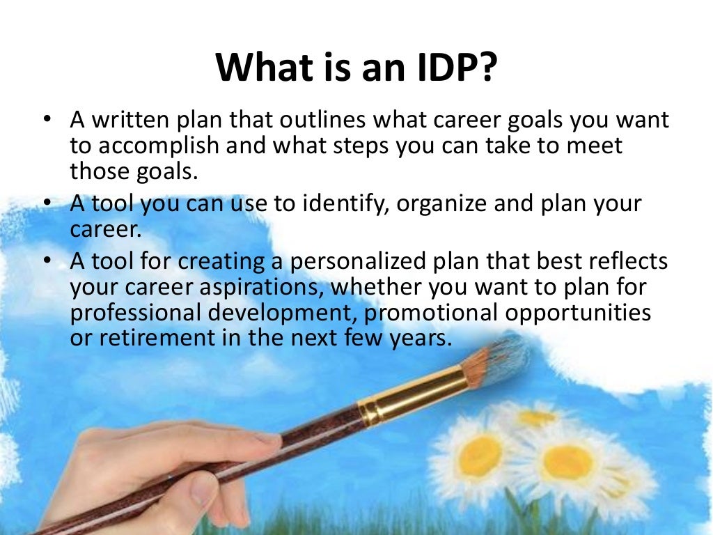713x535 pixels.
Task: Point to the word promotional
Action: pos(431,313)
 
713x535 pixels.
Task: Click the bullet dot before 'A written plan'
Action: pos(47,121)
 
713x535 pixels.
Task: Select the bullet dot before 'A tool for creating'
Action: pos(47,261)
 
